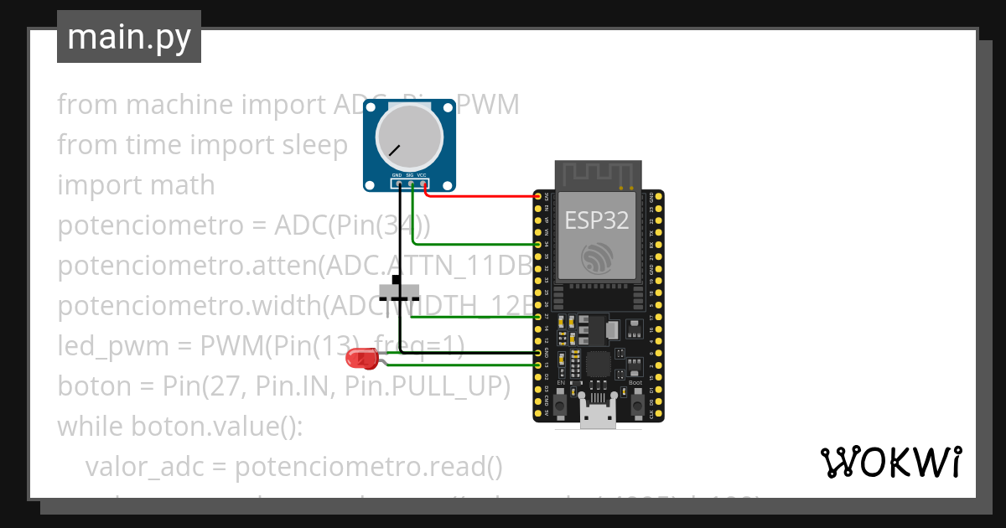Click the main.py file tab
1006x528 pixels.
(x=128, y=37)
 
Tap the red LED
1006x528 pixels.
(x=361, y=360)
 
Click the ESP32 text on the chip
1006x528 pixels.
(x=596, y=220)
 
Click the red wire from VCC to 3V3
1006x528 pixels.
(x=482, y=196)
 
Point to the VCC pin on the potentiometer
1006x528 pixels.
(x=424, y=184)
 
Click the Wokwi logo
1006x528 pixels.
(x=891, y=462)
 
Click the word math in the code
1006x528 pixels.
(x=179, y=185)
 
